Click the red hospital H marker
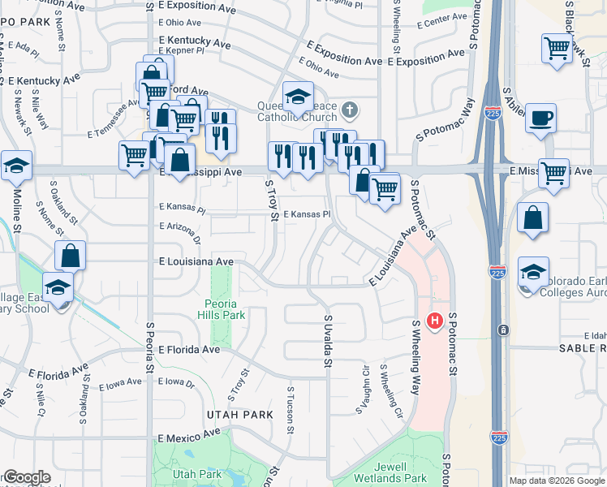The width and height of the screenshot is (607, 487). (x=435, y=321)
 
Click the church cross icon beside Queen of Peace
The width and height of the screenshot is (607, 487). (x=350, y=109)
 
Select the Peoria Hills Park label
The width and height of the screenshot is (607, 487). (x=221, y=308)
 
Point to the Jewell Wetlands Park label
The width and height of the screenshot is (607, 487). (x=390, y=472)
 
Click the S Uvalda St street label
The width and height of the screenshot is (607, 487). (x=329, y=342)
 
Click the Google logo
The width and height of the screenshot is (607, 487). (x=26, y=477)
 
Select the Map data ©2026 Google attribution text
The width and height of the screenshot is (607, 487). (x=557, y=481)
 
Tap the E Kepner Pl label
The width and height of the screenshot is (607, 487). (x=183, y=50)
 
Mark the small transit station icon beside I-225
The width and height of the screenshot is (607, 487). (x=504, y=330)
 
